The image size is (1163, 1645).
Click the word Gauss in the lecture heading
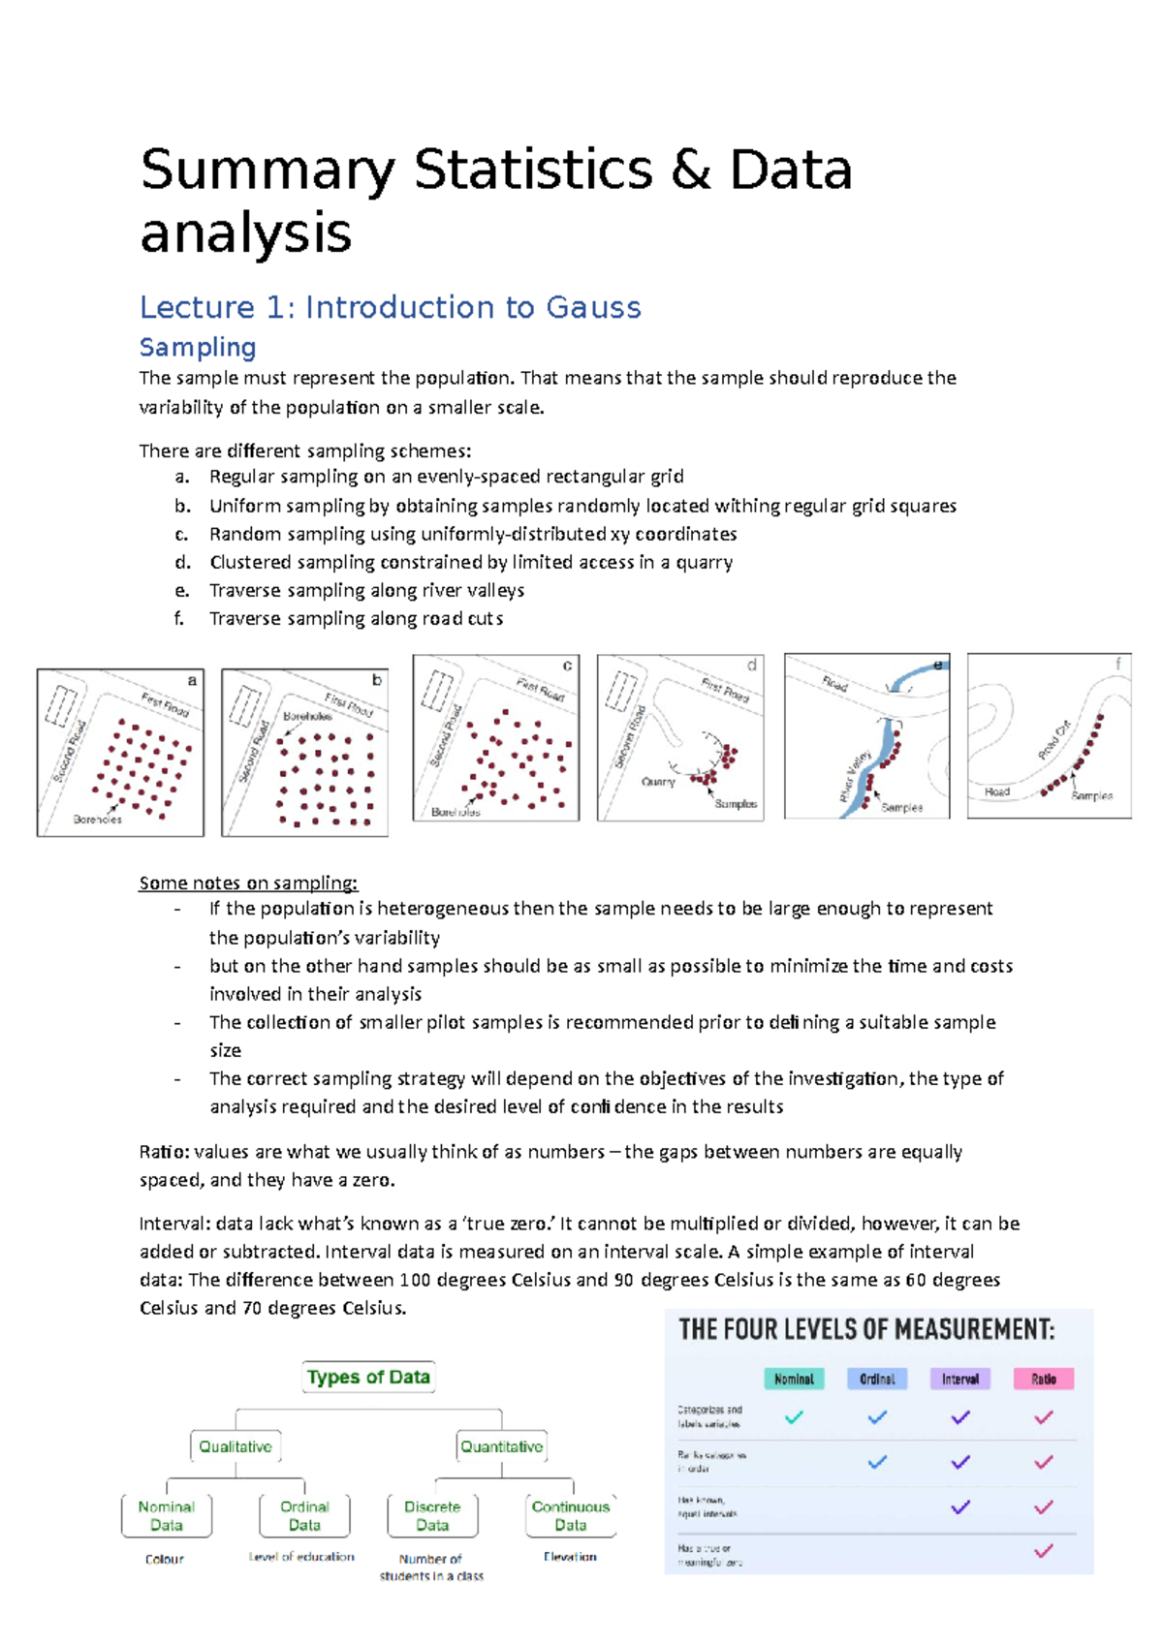pos(593,308)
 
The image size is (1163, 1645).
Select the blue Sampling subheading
pos(198,347)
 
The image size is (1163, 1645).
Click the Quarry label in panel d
pos(658,782)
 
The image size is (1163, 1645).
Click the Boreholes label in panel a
pos(98,820)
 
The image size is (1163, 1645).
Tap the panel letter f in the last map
pos(1117,664)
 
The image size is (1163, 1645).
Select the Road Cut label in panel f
pos(1054,739)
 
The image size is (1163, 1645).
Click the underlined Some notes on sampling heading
pos(248,883)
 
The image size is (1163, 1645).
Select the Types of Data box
pos(368,1377)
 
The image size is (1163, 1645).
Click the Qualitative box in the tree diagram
pos(236,1446)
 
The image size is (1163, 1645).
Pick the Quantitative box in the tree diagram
pos(501,1446)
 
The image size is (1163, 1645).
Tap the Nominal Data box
pos(167,1515)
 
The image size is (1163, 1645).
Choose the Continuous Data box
pos(571,1515)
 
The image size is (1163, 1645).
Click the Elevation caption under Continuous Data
pos(570,1557)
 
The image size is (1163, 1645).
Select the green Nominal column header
pos(794,1379)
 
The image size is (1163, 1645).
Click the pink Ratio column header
pos(1044,1379)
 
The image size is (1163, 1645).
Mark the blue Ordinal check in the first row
pos(877,1417)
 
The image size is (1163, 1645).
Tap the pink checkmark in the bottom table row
pos(1044,1551)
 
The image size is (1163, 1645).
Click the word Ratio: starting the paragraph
pos(165,1152)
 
